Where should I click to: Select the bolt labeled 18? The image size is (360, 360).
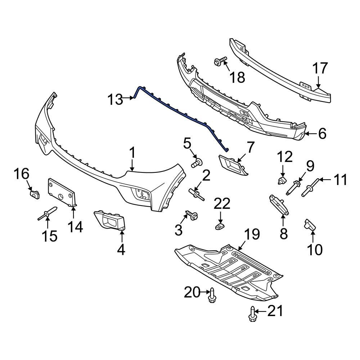click(x=220, y=62)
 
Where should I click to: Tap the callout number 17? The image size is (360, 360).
click(x=320, y=68)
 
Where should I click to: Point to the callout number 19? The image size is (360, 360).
click(x=252, y=235)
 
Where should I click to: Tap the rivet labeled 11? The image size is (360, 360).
click(x=310, y=188)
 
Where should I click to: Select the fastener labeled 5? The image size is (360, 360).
click(x=196, y=163)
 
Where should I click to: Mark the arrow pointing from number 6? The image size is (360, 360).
click(x=310, y=134)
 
